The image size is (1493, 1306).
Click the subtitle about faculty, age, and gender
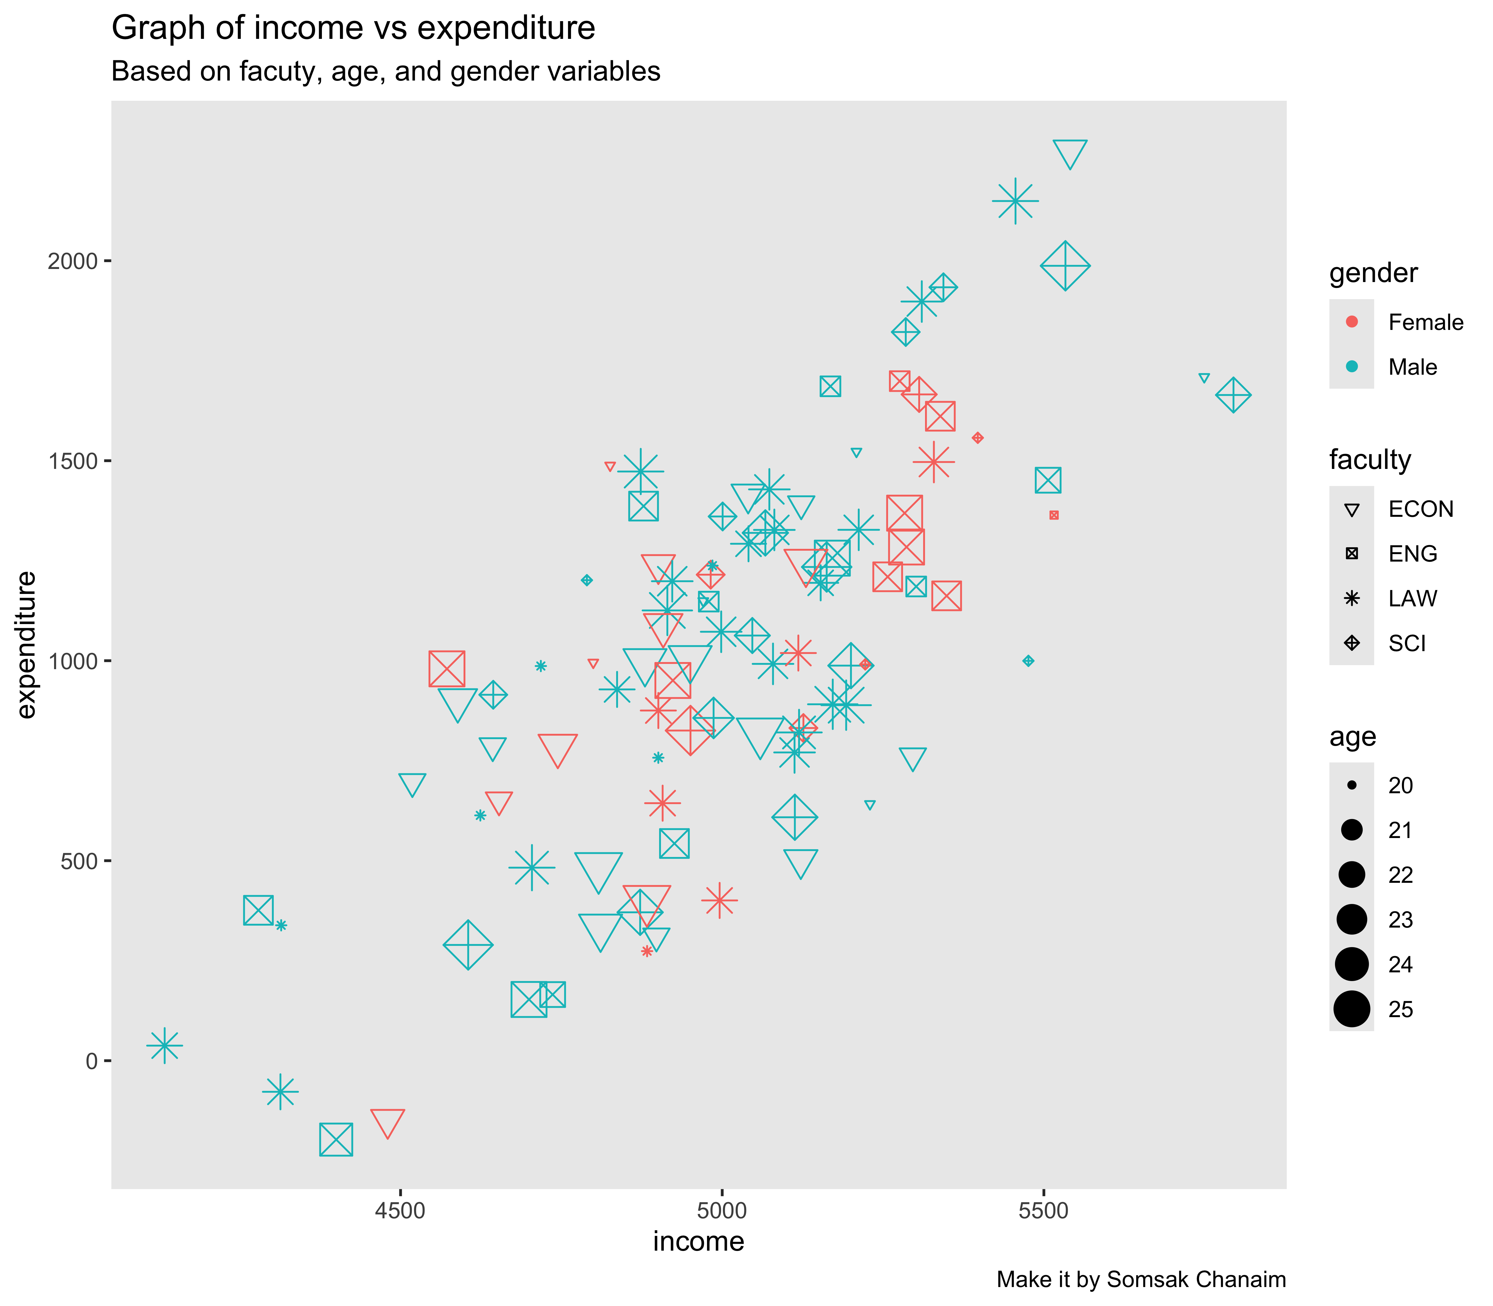[386, 72]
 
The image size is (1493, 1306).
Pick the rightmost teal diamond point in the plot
[1233, 396]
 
